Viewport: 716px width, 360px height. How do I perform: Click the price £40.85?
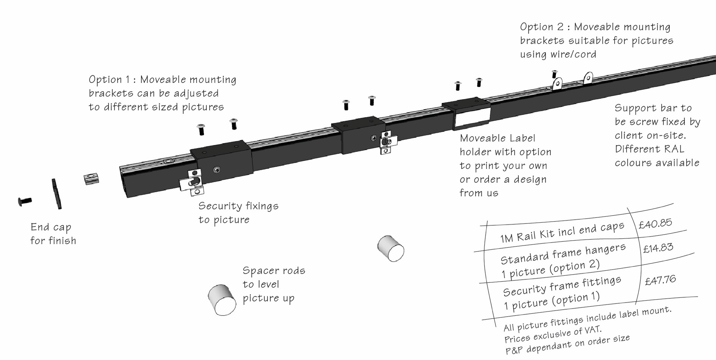click(x=655, y=223)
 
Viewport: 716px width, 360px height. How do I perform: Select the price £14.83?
click(x=658, y=248)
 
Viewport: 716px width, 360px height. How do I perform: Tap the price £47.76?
click(x=660, y=280)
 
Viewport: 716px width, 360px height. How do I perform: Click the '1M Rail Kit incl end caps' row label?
click(x=562, y=232)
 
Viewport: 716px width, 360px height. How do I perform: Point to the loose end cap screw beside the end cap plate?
click(x=25, y=201)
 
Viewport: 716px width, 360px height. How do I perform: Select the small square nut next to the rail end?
click(x=91, y=179)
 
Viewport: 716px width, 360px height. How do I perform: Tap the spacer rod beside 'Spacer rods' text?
click(x=222, y=300)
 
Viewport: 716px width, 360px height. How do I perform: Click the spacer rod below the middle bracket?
click(x=390, y=248)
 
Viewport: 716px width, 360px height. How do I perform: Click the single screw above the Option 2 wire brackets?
click(x=555, y=73)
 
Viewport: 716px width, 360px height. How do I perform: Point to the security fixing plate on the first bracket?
click(x=192, y=182)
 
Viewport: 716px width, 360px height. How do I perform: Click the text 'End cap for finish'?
click(x=53, y=234)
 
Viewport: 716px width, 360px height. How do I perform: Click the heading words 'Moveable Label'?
click(x=497, y=138)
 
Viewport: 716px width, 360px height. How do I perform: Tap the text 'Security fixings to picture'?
click(x=238, y=213)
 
